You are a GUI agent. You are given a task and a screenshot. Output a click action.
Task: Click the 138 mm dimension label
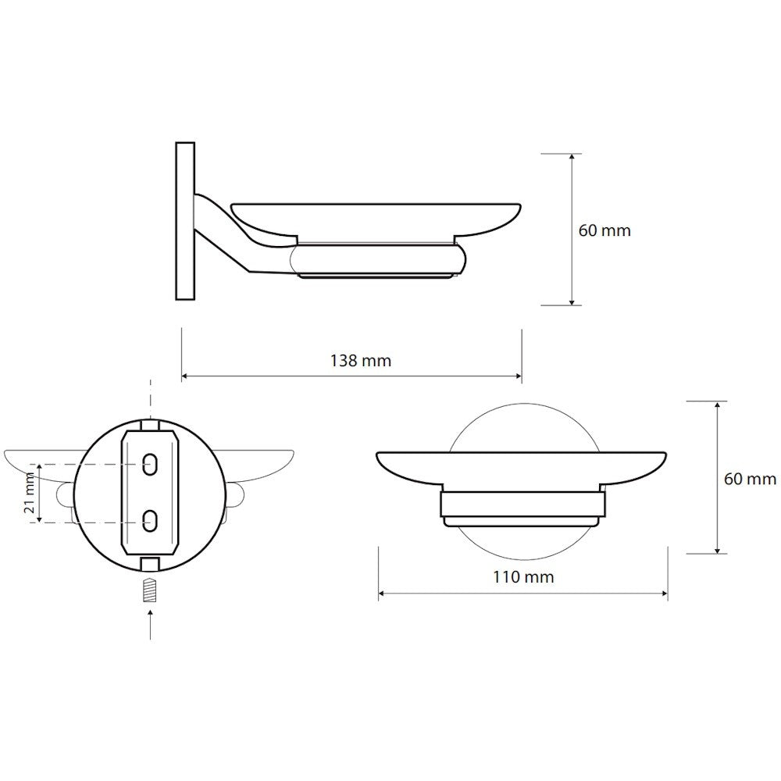pyautogui.click(x=361, y=360)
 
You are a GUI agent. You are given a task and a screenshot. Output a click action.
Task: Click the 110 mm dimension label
pyautogui.click(x=523, y=577)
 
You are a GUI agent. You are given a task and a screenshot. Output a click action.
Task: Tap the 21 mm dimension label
pyautogui.click(x=29, y=494)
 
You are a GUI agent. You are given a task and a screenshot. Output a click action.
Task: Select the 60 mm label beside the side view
pyautogui.click(x=604, y=230)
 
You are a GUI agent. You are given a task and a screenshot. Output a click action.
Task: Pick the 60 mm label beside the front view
pyautogui.click(x=750, y=480)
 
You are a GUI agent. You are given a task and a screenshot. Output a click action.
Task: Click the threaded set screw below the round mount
pyautogui.click(x=150, y=590)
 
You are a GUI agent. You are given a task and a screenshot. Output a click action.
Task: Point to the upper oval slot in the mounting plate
pyautogui.click(x=150, y=464)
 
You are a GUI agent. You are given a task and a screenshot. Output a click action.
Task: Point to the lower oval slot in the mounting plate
pyautogui.click(x=150, y=520)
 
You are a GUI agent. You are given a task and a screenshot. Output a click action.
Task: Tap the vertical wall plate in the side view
pyautogui.click(x=185, y=221)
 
